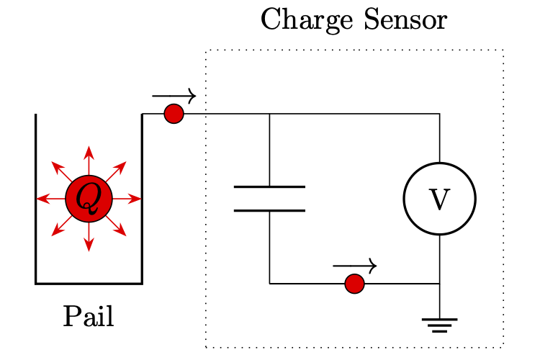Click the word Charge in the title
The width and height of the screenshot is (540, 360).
point(298,20)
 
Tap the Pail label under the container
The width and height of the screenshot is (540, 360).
point(89,316)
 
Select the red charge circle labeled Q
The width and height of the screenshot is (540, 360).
point(89,199)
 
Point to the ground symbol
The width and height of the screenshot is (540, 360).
point(439,325)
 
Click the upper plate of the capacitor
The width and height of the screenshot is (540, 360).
point(269,187)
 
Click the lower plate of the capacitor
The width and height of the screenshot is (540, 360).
point(269,211)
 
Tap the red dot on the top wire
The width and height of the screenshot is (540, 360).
point(174,114)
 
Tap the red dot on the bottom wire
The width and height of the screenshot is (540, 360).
point(354,284)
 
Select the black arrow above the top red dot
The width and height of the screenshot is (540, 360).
point(174,95)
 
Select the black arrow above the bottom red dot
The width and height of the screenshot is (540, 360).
point(354,266)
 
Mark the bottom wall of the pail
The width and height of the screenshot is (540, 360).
point(89,284)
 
